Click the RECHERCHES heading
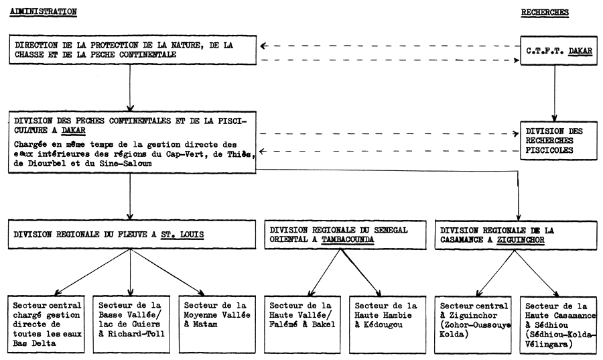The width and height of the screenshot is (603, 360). pos(545,12)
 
